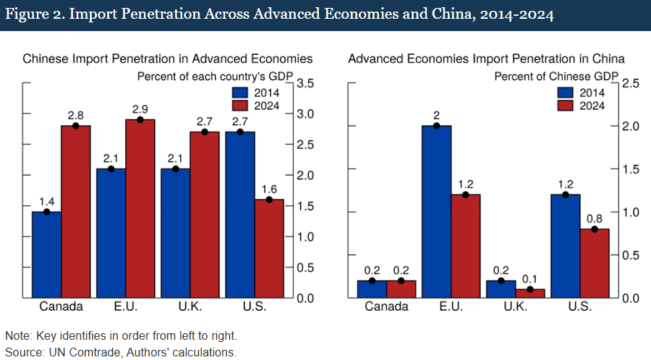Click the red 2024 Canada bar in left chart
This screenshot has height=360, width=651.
[75, 211]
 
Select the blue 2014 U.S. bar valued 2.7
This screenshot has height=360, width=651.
[240, 215]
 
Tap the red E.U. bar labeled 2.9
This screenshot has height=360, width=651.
[140, 208]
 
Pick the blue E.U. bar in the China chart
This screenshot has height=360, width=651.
[436, 211]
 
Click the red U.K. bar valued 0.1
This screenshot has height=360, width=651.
[529, 293]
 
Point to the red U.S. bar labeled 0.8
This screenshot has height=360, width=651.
[595, 263]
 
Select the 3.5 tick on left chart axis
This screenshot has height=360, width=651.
[305, 84]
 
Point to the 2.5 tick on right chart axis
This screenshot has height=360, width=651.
[631, 84]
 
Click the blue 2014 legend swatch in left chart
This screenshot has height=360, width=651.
[239, 92]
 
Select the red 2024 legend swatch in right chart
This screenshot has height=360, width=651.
[566, 106]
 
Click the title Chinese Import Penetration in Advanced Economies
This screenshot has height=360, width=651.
[167, 59]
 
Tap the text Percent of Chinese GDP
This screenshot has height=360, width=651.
[556, 75]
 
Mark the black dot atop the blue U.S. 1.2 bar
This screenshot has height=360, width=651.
[566, 195]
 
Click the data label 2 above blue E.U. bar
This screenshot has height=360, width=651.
[436, 114]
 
